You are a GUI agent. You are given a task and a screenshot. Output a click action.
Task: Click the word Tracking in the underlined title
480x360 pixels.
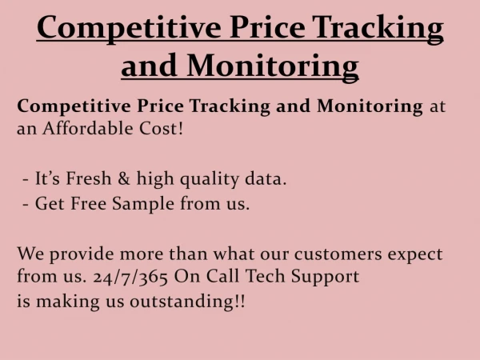click(378, 29)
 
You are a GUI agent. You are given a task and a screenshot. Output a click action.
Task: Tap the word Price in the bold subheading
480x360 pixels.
click(160, 106)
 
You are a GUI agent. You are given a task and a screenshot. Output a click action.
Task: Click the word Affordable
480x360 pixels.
click(87, 128)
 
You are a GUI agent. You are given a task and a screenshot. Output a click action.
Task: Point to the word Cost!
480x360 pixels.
click(161, 128)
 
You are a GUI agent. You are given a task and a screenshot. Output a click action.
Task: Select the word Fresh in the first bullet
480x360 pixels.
click(89, 178)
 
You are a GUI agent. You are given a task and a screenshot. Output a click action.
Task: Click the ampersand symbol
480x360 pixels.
click(124, 178)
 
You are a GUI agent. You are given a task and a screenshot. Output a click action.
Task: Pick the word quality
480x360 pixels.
click(210, 179)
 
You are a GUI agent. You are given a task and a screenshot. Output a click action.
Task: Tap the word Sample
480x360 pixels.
click(143, 204)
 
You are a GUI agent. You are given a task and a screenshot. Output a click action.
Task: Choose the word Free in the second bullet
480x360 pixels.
click(88, 203)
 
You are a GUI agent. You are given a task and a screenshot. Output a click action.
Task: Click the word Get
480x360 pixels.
click(50, 203)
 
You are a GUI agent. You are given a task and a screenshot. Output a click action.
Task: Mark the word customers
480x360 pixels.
click(338, 254)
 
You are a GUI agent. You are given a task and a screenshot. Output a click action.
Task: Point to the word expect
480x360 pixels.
click(414, 255)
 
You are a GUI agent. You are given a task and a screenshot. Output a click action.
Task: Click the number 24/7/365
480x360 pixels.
click(130, 277)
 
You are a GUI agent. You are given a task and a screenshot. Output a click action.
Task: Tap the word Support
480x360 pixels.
click(325, 277)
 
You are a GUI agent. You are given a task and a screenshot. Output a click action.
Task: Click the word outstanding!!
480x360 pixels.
click(187, 302)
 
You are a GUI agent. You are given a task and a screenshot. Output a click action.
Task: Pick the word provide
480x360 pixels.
click(81, 254)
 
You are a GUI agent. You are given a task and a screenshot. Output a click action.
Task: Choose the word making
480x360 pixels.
click(68, 302)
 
